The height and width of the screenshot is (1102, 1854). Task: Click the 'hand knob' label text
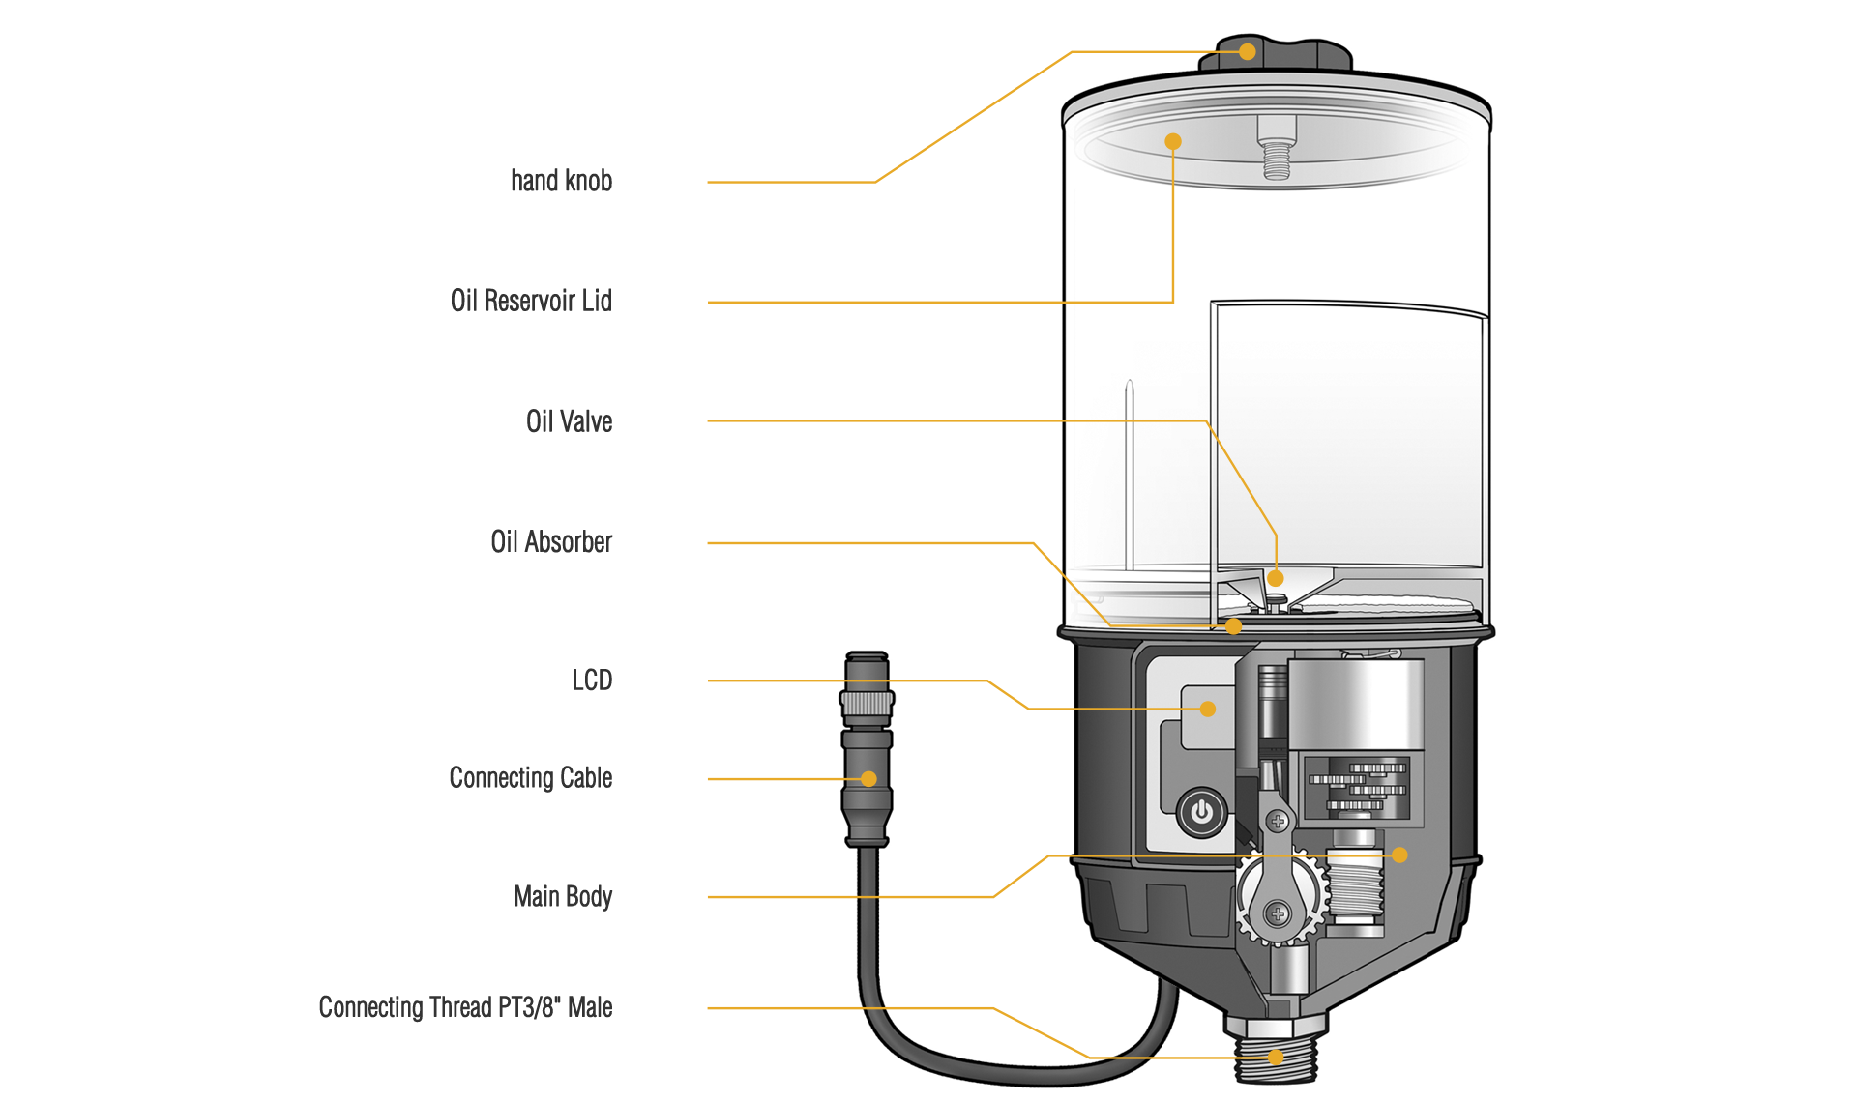(561, 181)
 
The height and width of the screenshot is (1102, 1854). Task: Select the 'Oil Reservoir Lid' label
(531, 301)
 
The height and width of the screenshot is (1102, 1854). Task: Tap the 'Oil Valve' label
(569, 421)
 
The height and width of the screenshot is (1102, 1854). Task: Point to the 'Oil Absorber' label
(551, 542)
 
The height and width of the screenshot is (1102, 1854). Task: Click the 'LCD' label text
(592, 681)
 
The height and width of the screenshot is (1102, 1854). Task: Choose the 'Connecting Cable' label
(530, 778)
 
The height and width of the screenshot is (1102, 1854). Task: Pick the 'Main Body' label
(562, 897)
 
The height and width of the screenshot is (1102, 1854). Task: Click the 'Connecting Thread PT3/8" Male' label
(465, 1007)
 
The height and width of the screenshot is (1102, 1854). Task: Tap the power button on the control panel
(1201, 812)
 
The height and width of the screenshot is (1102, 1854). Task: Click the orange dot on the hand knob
(1248, 52)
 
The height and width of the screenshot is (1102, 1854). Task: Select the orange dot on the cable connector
(868, 779)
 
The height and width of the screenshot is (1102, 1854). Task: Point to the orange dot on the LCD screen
(1208, 709)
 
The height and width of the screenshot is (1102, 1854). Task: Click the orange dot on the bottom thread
(1276, 1058)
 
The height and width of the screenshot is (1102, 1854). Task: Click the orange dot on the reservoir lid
(1173, 142)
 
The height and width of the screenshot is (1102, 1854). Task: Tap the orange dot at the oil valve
(1276, 578)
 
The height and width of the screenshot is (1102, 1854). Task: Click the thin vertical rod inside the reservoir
(1129, 474)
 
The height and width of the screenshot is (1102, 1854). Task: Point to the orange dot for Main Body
(1399, 855)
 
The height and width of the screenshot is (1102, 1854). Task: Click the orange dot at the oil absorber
(1233, 626)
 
